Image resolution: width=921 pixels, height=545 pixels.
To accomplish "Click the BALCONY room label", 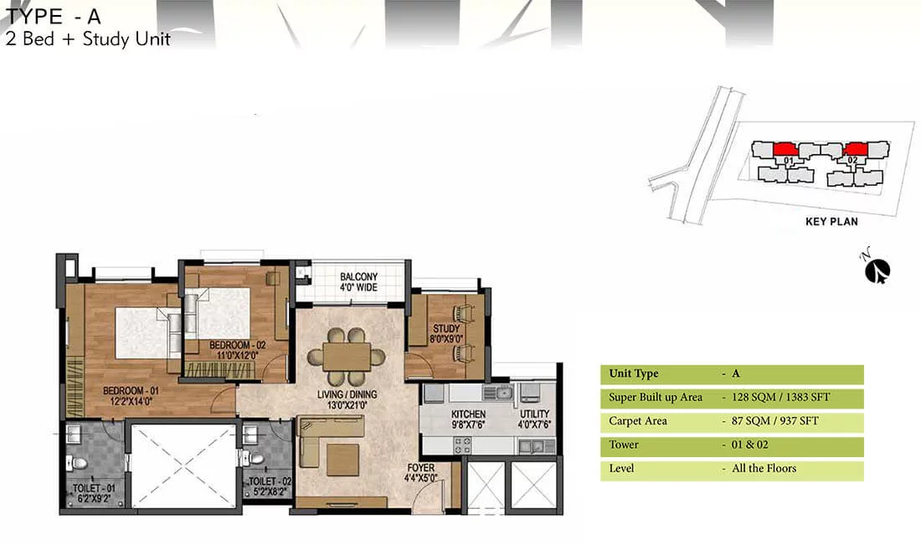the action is (x=358, y=276).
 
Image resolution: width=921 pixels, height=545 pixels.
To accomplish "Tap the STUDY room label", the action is (x=446, y=328).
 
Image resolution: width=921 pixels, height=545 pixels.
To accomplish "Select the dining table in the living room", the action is (x=347, y=357).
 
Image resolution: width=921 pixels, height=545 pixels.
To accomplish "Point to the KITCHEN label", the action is (x=468, y=414).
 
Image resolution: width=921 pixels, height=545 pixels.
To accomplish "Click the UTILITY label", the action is (x=534, y=414).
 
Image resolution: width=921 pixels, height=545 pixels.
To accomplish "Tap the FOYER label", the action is (x=421, y=468).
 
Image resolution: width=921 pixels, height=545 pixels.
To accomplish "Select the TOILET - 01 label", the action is (x=94, y=488).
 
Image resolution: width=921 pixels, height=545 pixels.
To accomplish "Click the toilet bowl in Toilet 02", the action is (x=255, y=457).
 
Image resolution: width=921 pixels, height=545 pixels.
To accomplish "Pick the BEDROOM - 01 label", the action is (x=131, y=391).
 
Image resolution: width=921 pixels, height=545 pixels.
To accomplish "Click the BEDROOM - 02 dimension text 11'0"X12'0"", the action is (x=237, y=355).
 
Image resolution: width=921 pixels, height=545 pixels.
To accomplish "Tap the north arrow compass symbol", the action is (x=877, y=269).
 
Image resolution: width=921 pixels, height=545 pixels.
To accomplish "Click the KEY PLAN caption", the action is (x=831, y=221).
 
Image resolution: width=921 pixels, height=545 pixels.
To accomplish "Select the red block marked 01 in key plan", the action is (x=784, y=149).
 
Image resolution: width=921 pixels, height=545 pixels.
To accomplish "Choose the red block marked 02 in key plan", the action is (x=856, y=149).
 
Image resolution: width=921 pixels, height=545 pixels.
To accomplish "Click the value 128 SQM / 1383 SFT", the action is (x=780, y=398).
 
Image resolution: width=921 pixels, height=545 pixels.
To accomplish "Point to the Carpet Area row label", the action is (x=638, y=421).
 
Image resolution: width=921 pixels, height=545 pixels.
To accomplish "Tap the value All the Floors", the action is (x=764, y=469).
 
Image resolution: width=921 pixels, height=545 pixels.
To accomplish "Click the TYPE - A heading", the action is (x=53, y=16).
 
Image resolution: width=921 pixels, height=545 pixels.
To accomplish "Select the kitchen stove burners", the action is (x=463, y=445).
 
